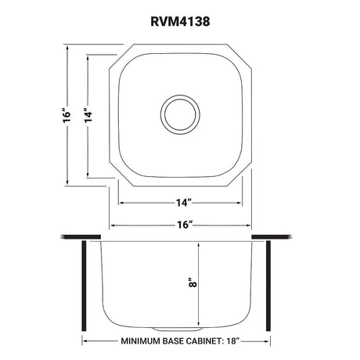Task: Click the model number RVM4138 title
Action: [180, 21]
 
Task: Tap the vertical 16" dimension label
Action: [67, 114]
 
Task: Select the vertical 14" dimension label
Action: [88, 115]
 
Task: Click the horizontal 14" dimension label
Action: [183, 203]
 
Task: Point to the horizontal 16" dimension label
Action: [184, 225]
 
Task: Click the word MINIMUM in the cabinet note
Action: [140, 341]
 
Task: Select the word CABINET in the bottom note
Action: [203, 341]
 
